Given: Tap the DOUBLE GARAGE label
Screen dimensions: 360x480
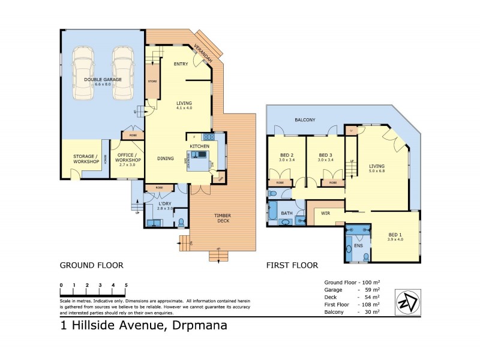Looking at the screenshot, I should pos(103,79).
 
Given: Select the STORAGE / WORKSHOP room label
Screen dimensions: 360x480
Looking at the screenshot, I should pos(81,159).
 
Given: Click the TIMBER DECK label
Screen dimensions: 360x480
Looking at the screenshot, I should pos(223,218).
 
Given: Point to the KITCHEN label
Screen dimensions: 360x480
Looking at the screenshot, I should pos(199,146).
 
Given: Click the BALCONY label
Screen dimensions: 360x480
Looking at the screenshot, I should pos(305,120).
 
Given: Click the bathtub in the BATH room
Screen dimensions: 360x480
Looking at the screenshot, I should pos(273,212).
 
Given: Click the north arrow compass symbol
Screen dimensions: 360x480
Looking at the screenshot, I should pos(407,301).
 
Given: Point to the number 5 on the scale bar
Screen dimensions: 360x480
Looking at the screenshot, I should pos(126,285).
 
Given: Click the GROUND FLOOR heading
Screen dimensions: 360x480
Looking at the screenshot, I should pos(91,265).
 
